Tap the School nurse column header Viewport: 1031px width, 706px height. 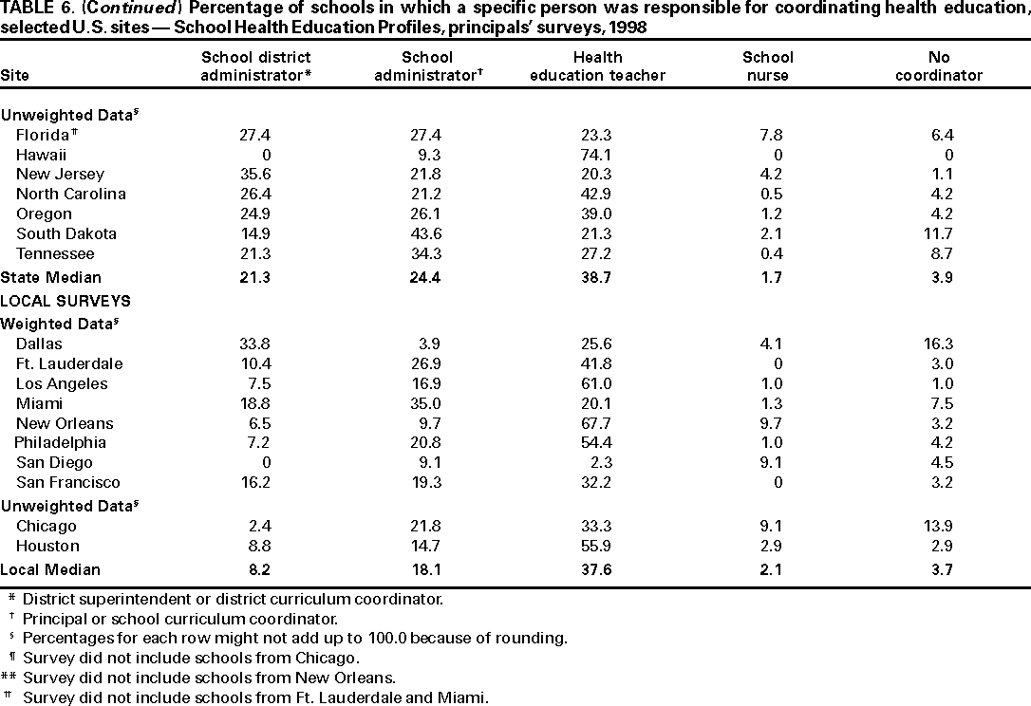pos(767,65)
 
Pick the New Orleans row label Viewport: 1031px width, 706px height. pos(65,423)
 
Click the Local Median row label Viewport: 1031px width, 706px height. pos(50,569)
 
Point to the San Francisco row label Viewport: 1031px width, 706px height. pos(68,483)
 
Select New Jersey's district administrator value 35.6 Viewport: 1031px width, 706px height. pos(256,175)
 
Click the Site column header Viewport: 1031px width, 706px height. pos(14,75)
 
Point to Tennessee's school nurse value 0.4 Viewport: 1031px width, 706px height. pos(767,254)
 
